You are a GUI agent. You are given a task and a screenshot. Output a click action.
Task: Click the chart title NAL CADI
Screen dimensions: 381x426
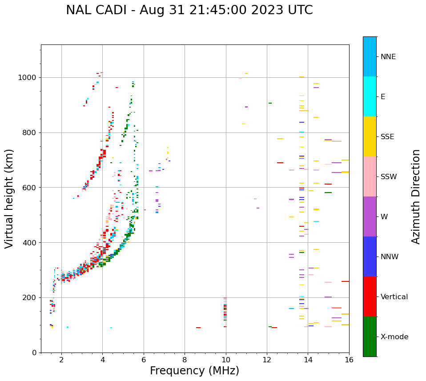click(189, 10)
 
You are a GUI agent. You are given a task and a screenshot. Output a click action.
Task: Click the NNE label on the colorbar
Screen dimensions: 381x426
click(388, 57)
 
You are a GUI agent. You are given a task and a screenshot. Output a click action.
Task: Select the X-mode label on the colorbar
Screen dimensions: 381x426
click(394, 337)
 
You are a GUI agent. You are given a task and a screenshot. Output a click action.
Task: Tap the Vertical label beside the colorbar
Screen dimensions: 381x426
click(394, 297)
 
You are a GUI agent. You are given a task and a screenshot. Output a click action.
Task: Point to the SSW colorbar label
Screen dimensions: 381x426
click(389, 177)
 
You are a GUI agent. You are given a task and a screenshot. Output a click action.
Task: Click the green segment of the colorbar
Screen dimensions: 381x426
click(370, 337)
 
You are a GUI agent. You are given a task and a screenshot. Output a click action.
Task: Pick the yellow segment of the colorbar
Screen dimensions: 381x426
click(370, 136)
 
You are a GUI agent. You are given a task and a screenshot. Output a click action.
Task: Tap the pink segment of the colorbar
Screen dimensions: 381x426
click(370, 176)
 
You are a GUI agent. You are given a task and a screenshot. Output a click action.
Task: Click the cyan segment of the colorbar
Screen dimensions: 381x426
click(370, 96)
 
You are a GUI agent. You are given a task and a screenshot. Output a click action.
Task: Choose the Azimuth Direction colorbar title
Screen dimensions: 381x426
click(416, 197)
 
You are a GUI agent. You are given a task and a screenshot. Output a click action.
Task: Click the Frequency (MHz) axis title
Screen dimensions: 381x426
click(194, 371)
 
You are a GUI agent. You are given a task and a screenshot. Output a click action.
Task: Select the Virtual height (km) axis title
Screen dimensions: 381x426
click(9, 199)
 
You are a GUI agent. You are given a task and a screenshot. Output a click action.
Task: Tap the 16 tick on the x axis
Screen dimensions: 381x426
click(349, 360)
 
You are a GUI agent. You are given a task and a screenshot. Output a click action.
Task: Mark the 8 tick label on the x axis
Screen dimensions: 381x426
click(185, 360)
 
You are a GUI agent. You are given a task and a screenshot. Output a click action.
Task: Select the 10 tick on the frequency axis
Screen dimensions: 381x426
click(226, 360)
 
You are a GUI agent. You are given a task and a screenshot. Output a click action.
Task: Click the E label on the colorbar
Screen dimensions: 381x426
click(383, 97)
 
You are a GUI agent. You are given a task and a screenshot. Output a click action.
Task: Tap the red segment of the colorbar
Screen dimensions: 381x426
click(370, 297)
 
